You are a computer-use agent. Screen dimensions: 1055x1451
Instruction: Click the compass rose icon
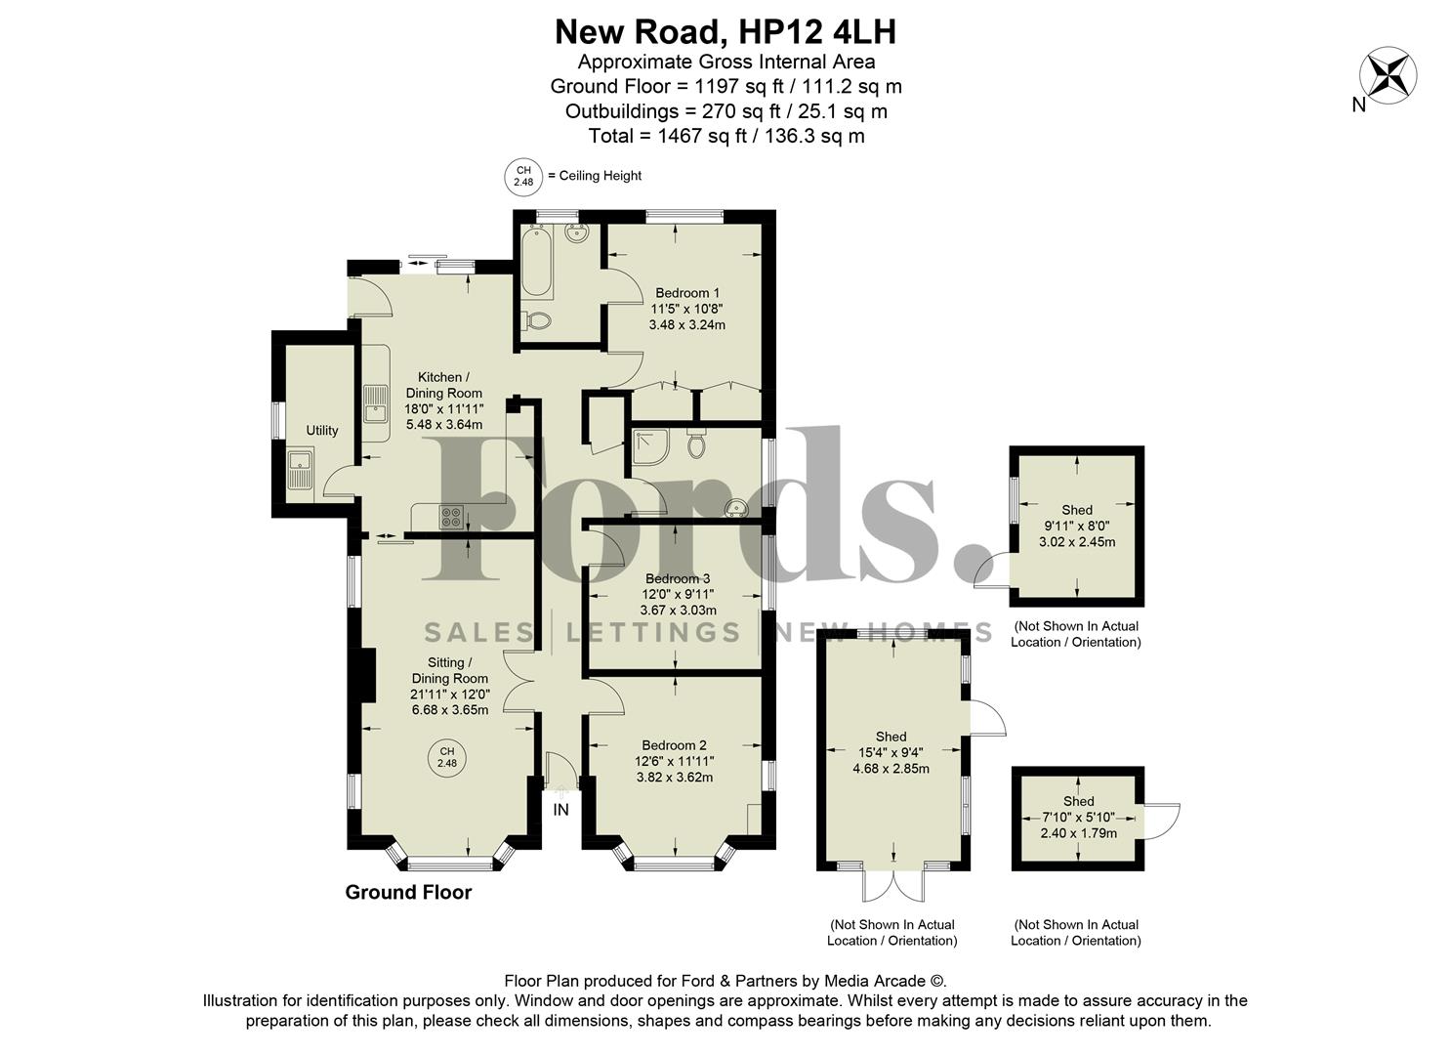click(1389, 75)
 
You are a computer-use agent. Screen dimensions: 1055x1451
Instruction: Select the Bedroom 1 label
click(687, 293)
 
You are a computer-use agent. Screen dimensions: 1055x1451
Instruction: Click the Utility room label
click(322, 431)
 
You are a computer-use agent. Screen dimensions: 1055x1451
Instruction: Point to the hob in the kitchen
click(451, 516)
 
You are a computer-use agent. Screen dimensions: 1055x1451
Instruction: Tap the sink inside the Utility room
click(300, 469)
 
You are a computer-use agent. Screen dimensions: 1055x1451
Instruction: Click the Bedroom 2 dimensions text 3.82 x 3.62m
click(675, 778)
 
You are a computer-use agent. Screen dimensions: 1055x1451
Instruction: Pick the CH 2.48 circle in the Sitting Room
click(446, 757)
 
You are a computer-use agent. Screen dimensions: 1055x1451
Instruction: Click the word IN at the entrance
click(560, 810)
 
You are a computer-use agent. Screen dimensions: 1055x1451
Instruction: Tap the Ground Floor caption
click(408, 892)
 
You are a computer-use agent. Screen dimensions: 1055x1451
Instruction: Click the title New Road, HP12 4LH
click(725, 32)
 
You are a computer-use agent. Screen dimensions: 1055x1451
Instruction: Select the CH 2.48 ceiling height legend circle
click(524, 176)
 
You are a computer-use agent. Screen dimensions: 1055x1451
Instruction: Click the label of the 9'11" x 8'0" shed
click(1077, 510)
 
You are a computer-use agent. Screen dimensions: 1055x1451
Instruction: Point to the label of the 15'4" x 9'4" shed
click(891, 737)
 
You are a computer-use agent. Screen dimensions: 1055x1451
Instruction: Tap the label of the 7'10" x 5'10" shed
click(1079, 801)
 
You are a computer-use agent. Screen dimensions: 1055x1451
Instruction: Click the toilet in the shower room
click(696, 444)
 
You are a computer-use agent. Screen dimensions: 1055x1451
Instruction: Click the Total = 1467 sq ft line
click(725, 136)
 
